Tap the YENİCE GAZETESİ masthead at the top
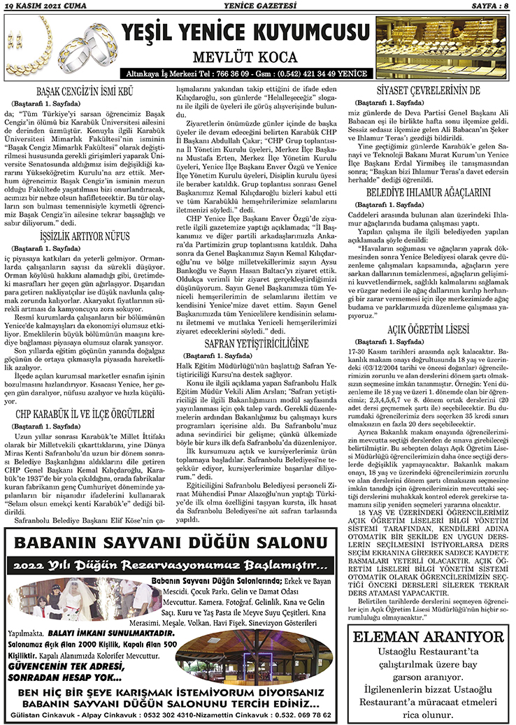click(258, 7)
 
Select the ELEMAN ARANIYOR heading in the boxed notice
click(429, 637)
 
